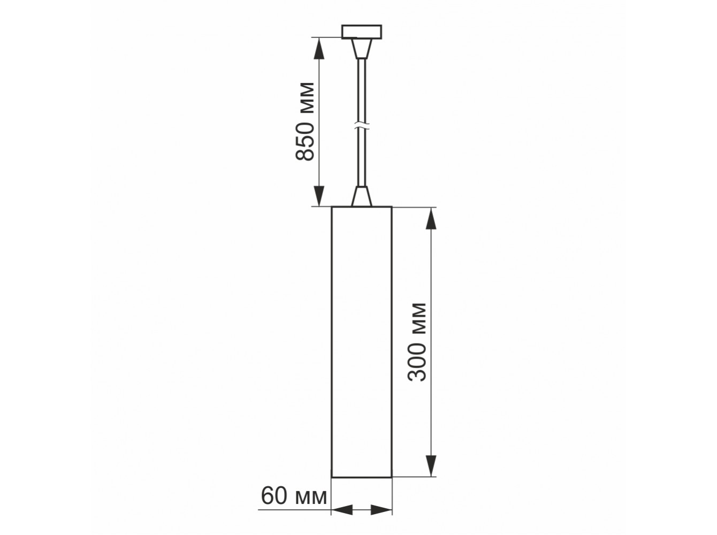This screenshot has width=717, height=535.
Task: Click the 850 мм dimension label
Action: pos(304,121)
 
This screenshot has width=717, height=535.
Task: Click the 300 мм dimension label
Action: pos(417,342)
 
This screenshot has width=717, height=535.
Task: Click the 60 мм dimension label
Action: pos(294,496)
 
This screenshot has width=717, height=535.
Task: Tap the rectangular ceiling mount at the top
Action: pos(362,32)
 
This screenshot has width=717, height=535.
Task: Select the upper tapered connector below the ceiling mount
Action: pos(362,49)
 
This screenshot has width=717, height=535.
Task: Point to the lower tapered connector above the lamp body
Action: pos(362,196)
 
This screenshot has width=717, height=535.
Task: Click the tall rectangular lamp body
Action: pos(362,342)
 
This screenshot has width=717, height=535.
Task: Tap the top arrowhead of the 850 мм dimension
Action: pos(319,48)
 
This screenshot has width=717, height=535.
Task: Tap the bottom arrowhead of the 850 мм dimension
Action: pos(319,195)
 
